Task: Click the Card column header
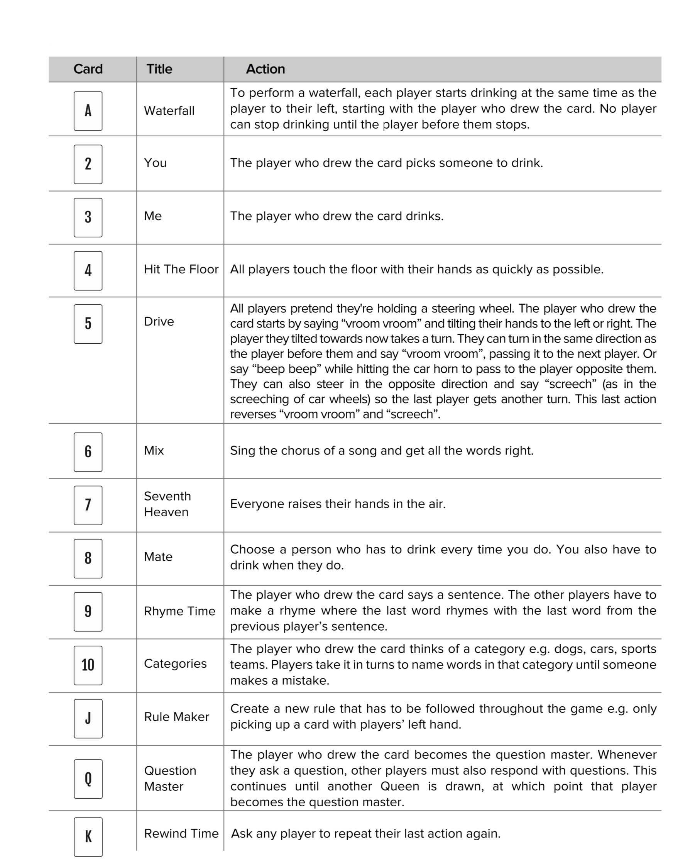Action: coord(88,69)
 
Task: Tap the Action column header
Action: coord(265,69)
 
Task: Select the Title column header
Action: coord(159,69)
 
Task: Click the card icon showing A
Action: coord(88,110)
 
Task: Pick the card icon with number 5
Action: coord(88,324)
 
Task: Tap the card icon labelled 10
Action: coord(88,665)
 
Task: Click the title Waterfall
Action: coord(169,110)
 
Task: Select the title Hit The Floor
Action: coord(181,269)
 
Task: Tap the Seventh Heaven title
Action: coord(167,504)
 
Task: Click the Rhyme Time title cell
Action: coord(179,611)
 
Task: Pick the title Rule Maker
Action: coord(176,717)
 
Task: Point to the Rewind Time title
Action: coord(181,833)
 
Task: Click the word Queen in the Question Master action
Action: coord(399,786)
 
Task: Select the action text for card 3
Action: coord(336,216)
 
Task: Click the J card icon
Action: coord(88,718)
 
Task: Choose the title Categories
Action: coord(175,663)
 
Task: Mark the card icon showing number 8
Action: coord(88,558)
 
